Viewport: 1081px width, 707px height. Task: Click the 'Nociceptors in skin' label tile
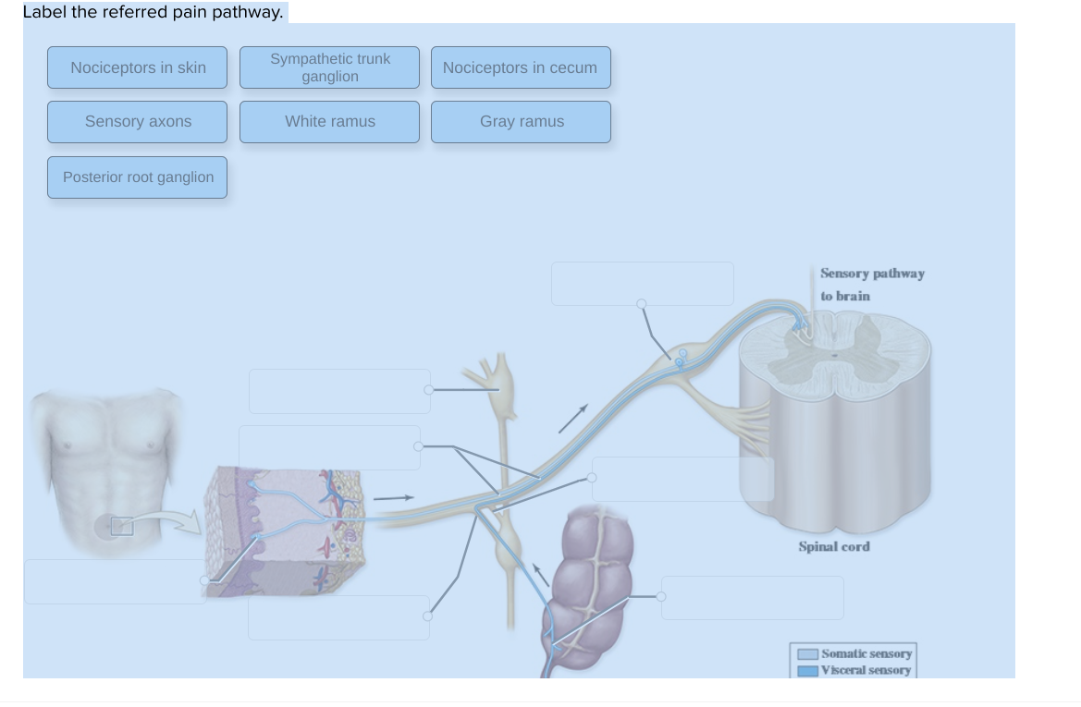tap(138, 67)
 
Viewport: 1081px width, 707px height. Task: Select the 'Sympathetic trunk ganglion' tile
tap(329, 67)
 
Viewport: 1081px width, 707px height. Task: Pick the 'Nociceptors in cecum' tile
tap(521, 67)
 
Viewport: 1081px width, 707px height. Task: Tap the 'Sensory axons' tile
tap(138, 122)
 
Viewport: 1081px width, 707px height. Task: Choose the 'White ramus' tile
tap(329, 122)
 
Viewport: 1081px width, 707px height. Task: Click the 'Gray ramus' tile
tap(521, 122)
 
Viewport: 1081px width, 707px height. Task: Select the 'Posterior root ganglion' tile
tap(138, 177)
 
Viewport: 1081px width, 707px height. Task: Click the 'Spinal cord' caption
tap(833, 546)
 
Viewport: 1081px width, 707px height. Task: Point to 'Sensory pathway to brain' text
tap(871, 285)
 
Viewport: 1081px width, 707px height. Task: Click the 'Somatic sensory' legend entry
tap(866, 653)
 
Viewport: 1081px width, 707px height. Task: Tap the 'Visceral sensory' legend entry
tap(866, 670)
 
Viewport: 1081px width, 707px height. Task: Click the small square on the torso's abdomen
tap(122, 527)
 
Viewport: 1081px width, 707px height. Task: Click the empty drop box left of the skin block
tap(115, 581)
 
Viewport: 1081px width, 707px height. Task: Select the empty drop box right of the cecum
tap(753, 598)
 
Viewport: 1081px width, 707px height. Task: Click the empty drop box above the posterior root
tap(642, 283)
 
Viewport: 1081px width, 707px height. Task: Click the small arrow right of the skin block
tap(393, 498)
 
